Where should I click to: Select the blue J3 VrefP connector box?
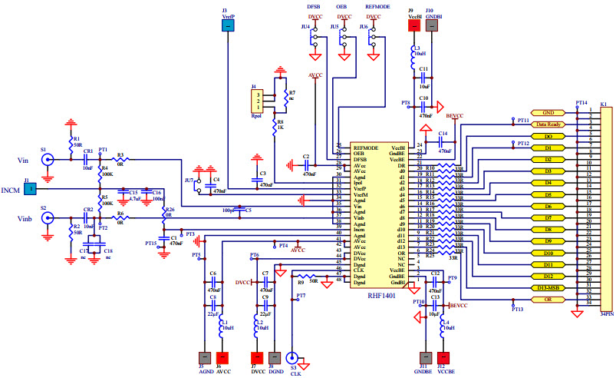click(228, 25)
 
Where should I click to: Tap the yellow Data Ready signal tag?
click(548, 124)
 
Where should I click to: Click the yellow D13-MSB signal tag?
click(548, 287)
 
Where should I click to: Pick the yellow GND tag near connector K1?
click(548, 112)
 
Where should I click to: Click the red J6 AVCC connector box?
click(222, 357)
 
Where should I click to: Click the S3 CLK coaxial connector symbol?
click(292, 357)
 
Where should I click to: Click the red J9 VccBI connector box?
click(414, 25)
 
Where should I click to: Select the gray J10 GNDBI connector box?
click(433, 25)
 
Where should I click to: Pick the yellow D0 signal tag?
click(548, 136)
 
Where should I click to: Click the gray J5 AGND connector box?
click(205, 357)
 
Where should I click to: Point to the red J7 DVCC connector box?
click(255, 357)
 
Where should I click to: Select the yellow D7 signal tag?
click(548, 217)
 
